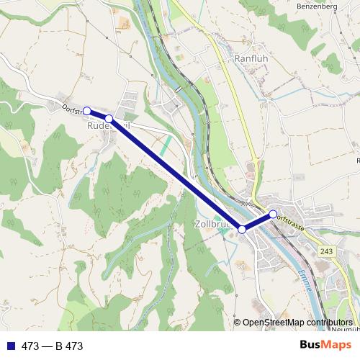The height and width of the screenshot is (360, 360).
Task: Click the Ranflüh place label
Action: pyautogui.click(x=251, y=58)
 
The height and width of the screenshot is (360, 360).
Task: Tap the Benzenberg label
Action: pyautogui.click(x=317, y=6)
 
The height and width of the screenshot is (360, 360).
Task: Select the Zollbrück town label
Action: pyautogui.click(x=213, y=224)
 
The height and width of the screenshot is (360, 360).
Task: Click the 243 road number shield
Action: pyautogui.click(x=327, y=251)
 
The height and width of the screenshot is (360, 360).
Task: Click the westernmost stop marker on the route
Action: pyautogui.click(x=87, y=111)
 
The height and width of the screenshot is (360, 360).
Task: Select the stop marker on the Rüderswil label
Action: pyautogui.click(x=109, y=118)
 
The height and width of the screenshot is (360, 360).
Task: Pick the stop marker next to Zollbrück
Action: pyautogui.click(x=243, y=229)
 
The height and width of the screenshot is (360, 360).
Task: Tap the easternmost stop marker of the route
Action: pyautogui.click(x=273, y=213)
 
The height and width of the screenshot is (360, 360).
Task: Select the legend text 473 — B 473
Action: pyautogui.click(x=53, y=346)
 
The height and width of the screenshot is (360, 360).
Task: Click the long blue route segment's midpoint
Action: pyautogui.click(x=176, y=174)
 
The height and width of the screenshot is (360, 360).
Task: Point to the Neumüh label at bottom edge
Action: pyautogui.click(x=346, y=329)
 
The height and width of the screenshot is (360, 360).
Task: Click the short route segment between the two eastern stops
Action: pyautogui.click(x=258, y=221)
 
